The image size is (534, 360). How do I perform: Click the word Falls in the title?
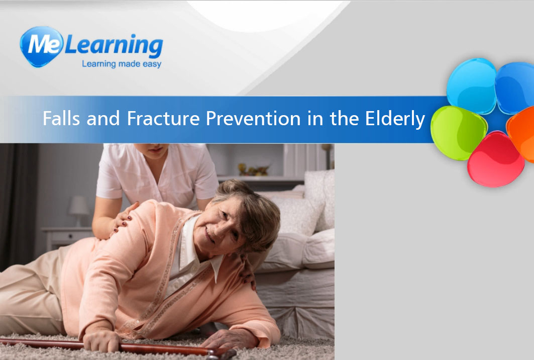tap(61, 118)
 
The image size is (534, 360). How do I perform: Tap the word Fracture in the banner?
tap(163, 118)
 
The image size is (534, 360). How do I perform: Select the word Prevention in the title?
tap(253, 118)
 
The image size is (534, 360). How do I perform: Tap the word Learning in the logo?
tap(114, 45)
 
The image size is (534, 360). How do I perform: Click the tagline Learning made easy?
tap(122, 64)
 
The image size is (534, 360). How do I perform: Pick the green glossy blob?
tap(458, 133)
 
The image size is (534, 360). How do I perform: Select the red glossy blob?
tap(495, 159)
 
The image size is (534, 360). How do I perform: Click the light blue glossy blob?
tap(472, 86)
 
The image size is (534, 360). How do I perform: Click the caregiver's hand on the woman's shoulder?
tap(123, 218)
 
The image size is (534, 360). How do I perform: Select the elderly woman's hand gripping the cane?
tap(101, 340)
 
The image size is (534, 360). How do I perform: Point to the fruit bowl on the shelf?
tap(253, 169)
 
